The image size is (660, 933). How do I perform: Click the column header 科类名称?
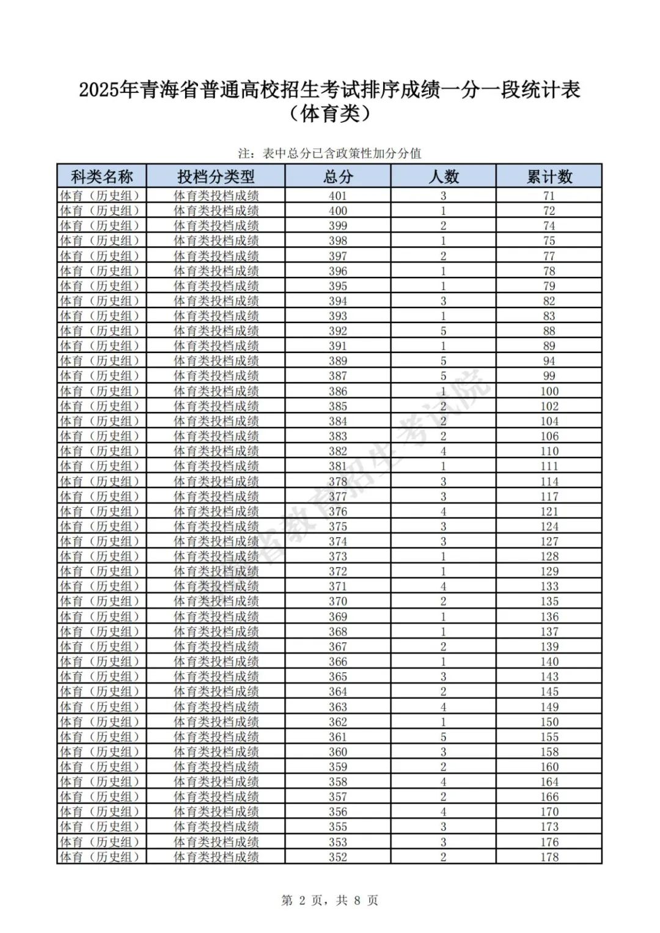point(101,177)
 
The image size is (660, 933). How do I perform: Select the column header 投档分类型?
point(216,177)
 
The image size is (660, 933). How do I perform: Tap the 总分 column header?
point(338,177)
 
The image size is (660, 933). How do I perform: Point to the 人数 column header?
point(444,177)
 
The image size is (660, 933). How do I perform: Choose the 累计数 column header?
point(549,177)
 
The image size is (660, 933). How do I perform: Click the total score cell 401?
point(338,196)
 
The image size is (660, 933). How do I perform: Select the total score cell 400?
point(338,211)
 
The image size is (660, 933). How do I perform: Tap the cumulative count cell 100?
point(549,391)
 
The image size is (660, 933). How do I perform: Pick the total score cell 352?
point(338,857)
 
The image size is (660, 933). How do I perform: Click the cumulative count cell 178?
point(549,857)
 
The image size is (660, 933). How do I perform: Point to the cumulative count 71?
point(549,196)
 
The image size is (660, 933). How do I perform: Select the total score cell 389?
point(338,361)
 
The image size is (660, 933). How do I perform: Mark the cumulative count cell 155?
point(549,737)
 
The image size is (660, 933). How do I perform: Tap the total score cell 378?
point(338,481)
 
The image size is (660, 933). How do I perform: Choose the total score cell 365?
point(338,676)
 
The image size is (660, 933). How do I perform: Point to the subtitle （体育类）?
point(330,114)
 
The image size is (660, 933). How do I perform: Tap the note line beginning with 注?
point(330,153)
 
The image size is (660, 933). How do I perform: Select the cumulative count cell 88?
point(549,331)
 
